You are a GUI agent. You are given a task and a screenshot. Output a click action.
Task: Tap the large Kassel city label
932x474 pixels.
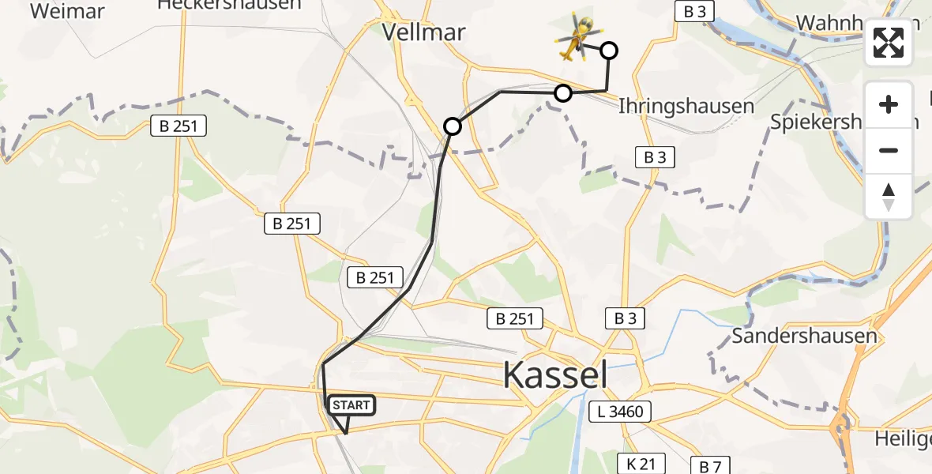555,374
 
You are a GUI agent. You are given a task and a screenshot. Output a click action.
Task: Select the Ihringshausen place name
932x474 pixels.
686,106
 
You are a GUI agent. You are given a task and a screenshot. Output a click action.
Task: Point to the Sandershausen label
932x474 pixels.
804,336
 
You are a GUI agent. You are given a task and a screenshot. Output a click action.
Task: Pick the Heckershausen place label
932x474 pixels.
229,5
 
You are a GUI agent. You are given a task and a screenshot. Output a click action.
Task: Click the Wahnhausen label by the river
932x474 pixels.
837,23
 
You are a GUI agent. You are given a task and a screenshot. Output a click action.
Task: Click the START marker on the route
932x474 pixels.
350,406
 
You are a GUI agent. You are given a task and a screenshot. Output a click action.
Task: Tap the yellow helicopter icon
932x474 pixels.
577,38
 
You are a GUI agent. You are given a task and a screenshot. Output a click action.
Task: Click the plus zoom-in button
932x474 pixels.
889,104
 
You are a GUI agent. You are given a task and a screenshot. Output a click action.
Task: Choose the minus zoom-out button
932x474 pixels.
889,150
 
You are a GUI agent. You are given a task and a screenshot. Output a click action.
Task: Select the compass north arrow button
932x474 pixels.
889,197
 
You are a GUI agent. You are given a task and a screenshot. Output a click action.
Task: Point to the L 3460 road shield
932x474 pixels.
621,411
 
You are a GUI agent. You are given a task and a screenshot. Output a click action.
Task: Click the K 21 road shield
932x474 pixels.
641,464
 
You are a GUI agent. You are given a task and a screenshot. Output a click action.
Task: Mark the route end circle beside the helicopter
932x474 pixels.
609,51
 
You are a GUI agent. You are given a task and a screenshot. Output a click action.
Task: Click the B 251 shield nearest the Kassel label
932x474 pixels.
515,319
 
